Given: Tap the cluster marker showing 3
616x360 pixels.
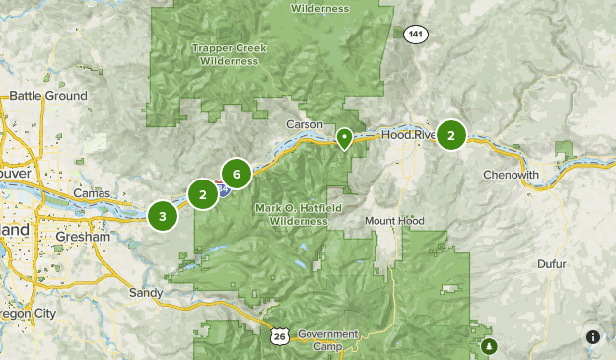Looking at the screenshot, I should pos(163,215).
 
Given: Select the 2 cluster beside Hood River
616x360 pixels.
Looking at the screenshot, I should pos(451,136).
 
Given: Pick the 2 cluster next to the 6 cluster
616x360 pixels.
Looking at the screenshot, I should pos(203,194).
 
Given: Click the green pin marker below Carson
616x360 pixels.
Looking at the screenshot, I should pos(345,138).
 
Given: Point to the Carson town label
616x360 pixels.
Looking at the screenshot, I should pos(305,125).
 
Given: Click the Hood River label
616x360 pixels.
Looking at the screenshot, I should pos(407,135).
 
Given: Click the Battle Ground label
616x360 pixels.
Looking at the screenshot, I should pos(48,96).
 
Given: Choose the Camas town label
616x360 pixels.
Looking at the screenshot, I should pos(93,193).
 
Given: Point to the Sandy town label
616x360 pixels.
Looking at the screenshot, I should pos(146,293).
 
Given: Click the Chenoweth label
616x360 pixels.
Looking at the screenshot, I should pos(512,175).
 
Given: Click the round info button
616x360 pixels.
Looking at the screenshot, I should pos(593,337).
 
